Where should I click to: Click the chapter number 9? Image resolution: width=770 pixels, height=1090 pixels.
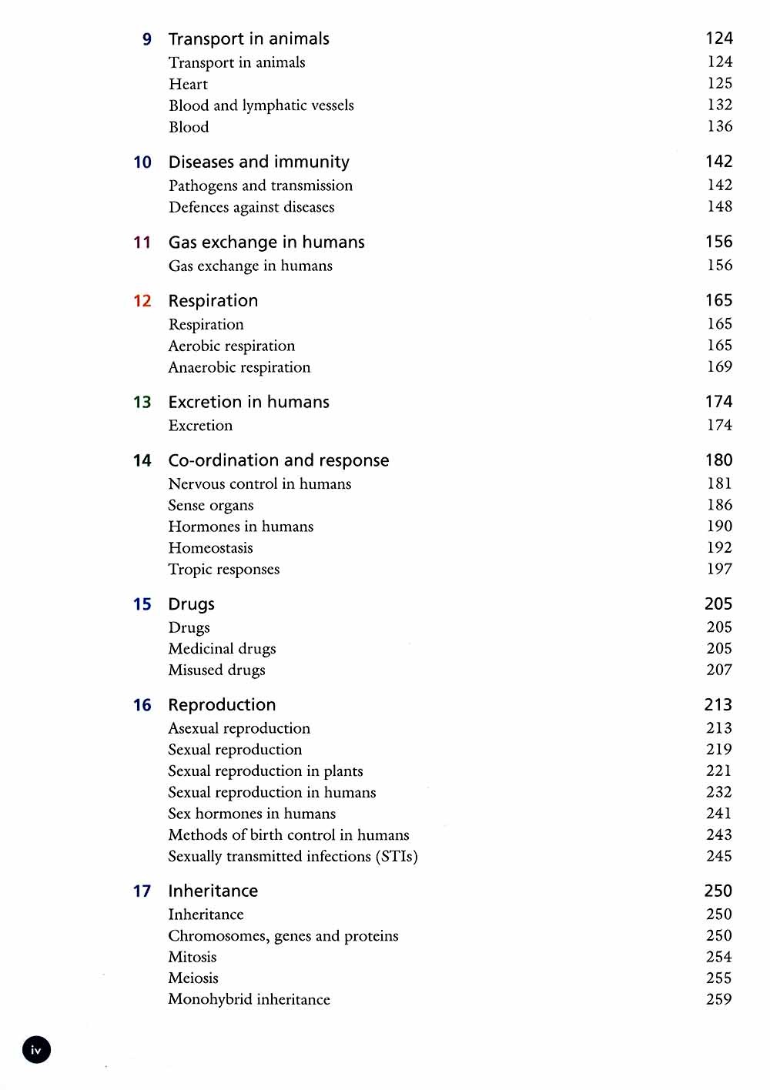click(147, 39)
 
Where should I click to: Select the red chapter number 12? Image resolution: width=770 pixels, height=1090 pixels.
click(142, 301)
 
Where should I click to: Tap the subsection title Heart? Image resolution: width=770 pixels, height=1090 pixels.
click(188, 84)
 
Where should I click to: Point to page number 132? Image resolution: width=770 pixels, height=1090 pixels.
click(720, 105)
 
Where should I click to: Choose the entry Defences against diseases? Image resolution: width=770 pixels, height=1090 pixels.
click(251, 207)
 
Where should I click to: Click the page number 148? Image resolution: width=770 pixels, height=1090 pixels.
click(720, 206)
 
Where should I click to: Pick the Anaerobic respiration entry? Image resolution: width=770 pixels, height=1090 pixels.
click(239, 367)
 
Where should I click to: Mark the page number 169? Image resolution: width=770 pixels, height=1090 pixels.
click(720, 366)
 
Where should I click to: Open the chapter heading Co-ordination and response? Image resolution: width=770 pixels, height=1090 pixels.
click(279, 460)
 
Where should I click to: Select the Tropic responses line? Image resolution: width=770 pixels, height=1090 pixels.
click(224, 570)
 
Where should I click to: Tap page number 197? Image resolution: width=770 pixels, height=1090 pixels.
click(719, 569)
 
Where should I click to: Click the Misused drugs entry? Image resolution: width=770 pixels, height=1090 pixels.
click(216, 670)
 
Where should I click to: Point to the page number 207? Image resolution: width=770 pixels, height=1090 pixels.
click(719, 670)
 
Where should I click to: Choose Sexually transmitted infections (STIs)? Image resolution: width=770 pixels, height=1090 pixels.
click(293, 856)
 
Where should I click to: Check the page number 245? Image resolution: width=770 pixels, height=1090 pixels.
click(719, 856)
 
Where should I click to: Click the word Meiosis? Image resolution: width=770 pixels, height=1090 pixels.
click(193, 978)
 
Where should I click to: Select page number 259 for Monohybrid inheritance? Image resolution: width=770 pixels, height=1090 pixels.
click(719, 999)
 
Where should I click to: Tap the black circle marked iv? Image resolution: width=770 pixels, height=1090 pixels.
click(36, 1049)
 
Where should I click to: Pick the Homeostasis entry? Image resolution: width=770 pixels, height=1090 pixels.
click(210, 548)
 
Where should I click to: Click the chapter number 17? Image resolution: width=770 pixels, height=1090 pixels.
click(142, 891)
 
